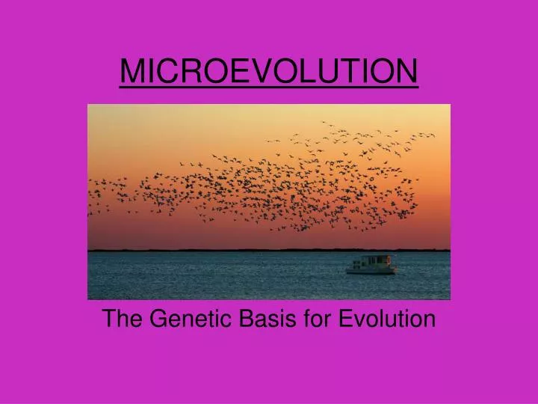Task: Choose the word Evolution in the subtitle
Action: pos(386,319)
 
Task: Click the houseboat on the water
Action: pos(371,264)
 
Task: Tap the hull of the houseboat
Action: pos(371,271)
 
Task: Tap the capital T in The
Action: pos(109,319)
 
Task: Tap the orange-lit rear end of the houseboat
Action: pos(392,263)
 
